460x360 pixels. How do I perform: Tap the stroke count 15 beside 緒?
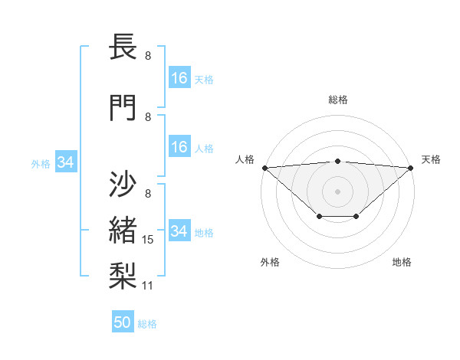149,240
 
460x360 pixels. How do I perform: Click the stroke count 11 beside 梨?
149,286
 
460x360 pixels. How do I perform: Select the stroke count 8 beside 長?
148,56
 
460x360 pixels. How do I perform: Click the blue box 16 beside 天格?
179,78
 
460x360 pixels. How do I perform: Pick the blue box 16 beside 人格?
179,147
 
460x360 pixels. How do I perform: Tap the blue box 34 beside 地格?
179,231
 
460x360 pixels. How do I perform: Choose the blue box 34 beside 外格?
65,162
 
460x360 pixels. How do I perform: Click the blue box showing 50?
123,322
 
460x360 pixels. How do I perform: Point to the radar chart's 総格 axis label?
338,100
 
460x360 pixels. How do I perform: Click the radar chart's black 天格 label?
431,159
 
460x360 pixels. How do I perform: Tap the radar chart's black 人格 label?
245,159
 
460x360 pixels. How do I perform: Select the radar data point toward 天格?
412,168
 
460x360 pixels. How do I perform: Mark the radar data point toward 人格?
264,168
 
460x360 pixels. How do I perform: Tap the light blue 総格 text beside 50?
147,324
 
